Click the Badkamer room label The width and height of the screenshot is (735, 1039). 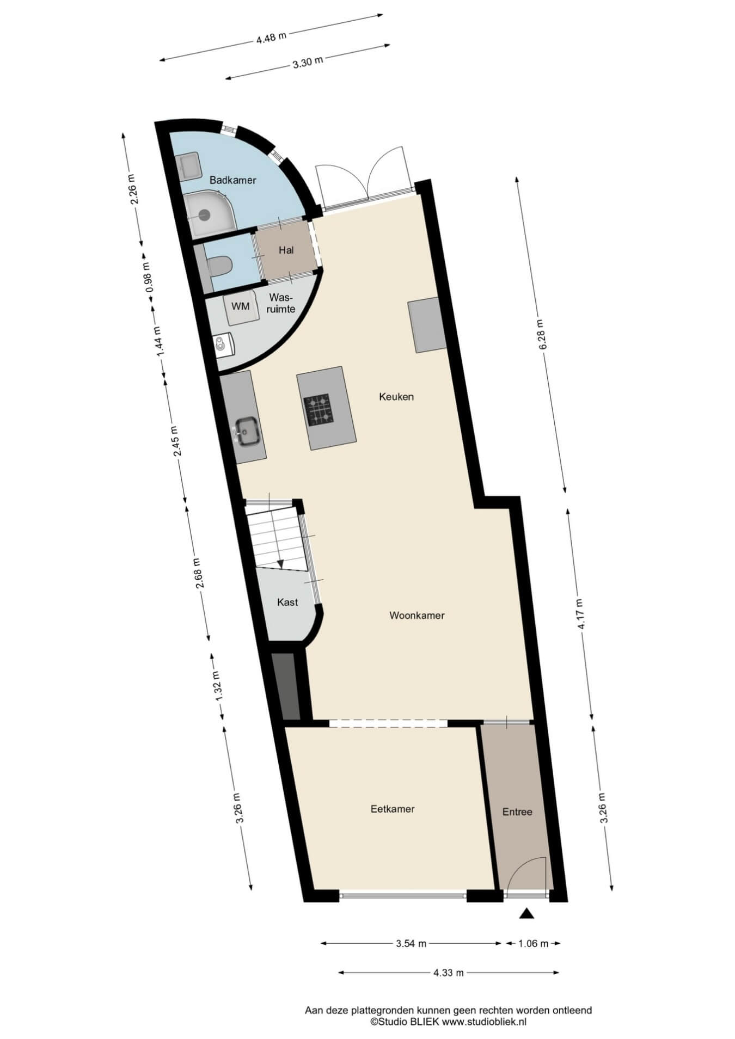(232, 180)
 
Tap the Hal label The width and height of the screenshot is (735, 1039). (286, 250)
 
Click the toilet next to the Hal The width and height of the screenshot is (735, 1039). (220, 266)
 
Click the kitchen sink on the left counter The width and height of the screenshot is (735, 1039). (248, 431)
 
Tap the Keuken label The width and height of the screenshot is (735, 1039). (396, 397)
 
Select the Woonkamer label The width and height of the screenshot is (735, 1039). (417, 616)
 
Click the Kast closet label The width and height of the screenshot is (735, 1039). (287, 602)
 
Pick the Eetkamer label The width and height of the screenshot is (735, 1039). (393, 809)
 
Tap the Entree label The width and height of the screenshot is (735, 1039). (517, 811)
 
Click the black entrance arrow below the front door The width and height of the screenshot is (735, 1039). (526, 913)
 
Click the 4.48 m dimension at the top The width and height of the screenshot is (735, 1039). (271, 37)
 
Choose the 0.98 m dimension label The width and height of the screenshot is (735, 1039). (148, 278)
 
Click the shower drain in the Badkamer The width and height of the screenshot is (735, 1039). (205, 215)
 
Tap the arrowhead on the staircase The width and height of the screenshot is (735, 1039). (280, 564)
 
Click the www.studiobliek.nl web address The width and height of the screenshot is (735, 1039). (484, 1022)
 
